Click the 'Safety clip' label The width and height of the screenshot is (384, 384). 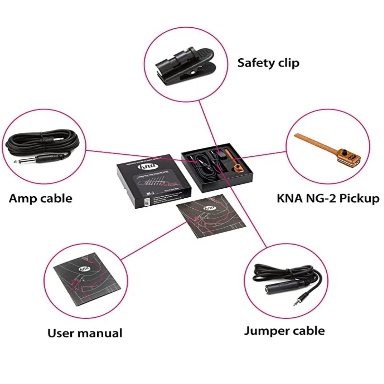(x=268, y=63)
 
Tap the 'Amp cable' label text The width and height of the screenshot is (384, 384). (x=40, y=198)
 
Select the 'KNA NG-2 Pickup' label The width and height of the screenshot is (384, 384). (x=328, y=198)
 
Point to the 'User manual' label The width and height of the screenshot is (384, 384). (x=85, y=333)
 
